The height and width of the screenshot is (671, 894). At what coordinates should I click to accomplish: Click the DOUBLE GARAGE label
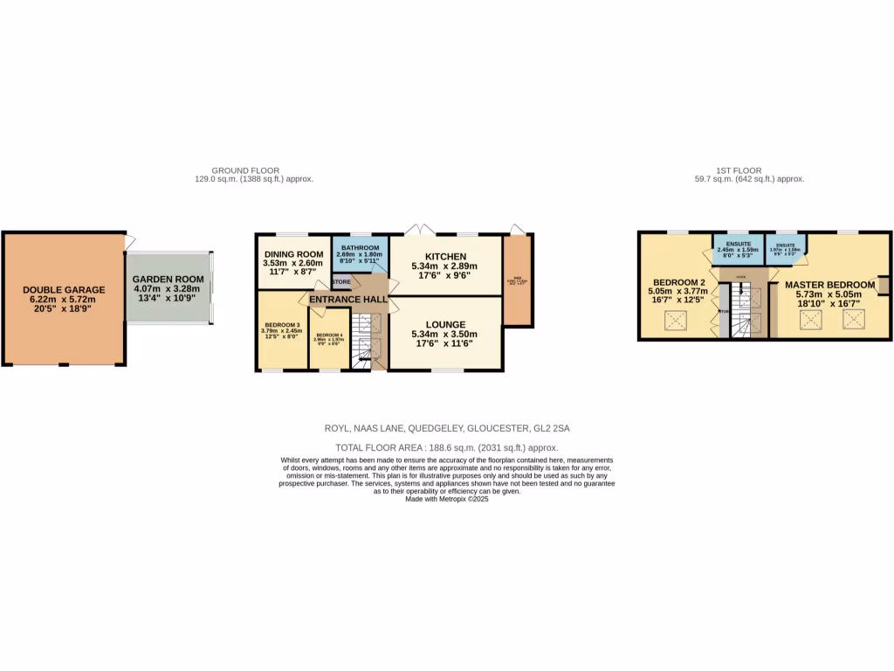64,289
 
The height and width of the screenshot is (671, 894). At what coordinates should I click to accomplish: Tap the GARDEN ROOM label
168,280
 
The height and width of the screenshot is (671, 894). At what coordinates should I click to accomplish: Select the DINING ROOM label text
293,254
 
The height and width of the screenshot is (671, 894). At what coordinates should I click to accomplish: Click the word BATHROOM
359,248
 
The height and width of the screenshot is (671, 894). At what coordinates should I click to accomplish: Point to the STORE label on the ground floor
340,282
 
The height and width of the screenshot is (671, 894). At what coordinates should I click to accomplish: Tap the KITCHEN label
444,255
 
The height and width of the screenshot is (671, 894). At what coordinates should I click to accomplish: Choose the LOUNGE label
444,324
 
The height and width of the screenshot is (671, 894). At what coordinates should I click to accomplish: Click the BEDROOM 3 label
281,326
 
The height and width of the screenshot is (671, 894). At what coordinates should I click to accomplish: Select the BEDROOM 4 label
329,335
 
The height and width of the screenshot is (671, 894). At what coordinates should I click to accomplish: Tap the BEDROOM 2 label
678,282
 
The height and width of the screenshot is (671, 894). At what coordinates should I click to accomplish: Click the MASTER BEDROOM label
829,285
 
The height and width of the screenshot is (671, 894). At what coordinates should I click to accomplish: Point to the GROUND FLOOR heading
245,170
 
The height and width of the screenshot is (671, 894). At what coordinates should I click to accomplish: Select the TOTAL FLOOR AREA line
446,446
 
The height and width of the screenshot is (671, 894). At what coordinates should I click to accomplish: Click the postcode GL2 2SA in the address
552,429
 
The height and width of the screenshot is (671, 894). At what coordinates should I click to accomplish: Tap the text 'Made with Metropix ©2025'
446,498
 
